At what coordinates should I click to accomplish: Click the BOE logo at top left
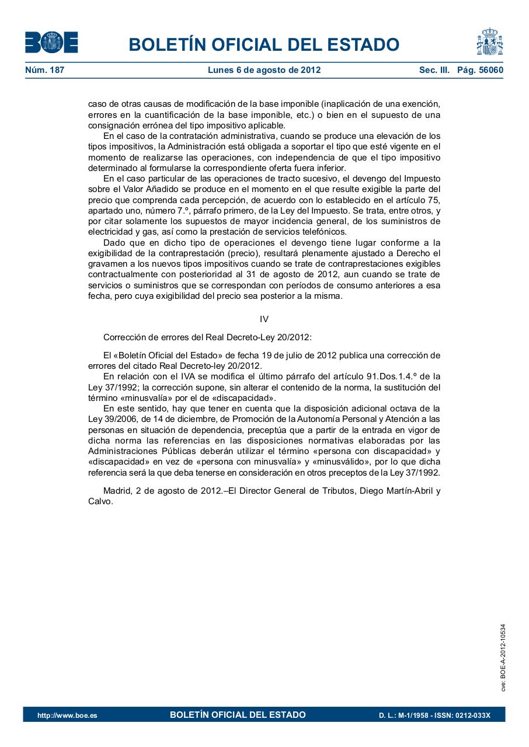(x=51, y=43)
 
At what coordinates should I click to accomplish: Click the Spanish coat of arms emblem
(x=489, y=41)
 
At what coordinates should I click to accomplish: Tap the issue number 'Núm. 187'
(x=44, y=70)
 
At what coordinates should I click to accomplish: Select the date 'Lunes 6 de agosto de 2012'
(x=264, y=70)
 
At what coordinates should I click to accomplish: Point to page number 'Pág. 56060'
(x=480, y=70)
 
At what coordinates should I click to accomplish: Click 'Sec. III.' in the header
(x=434, y=70)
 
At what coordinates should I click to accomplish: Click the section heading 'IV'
(x=264, y=319)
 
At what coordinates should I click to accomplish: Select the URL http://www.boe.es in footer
(x=67, y=715)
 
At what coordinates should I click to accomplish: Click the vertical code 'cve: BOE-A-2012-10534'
(x=503, y=658)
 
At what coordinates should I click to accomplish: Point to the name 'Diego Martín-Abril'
(x=394, y=491)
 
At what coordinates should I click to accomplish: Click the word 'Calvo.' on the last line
(x=100, y=501)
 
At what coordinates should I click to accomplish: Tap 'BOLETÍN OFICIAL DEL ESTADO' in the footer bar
(x=238, y=715)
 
